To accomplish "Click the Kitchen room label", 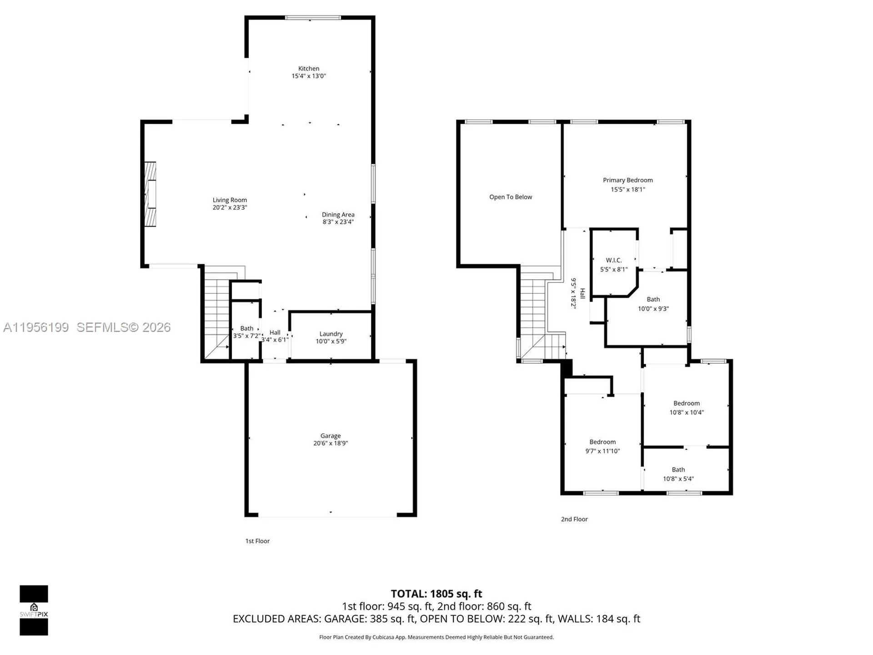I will pos(308,68).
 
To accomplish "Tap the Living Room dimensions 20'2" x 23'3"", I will pos(230,207).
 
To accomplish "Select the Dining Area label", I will pos(338,214).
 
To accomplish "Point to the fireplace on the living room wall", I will pos(150,194).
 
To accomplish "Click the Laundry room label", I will pos(331,333).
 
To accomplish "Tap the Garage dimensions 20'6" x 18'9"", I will pos(330,443).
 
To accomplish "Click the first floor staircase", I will pos(216,318).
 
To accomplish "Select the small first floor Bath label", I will pos(246,328).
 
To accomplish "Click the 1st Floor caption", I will pos(257,541).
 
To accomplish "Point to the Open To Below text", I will pos(510,197).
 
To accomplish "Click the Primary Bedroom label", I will pos(627,180).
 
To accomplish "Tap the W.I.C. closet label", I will pos(613,260).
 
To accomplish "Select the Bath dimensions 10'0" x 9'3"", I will pos(653,308).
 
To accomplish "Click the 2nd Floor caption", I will pos(574,519).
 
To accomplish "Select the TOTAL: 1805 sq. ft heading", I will pos(436,594).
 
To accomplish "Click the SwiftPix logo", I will pos(34,610).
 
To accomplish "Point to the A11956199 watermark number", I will pos(36,327).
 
